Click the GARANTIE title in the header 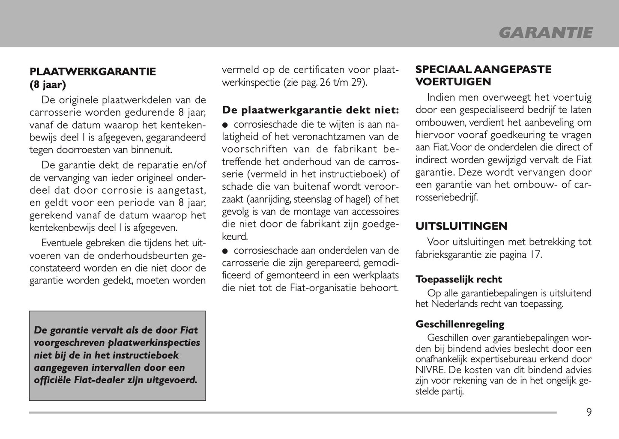click(x=546, y=33)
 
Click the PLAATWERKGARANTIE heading click(x=93, y=72)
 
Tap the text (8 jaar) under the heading click(x=48, y=84)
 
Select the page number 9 click(x=589, y=412)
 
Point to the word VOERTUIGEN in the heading click(x=453, y=81)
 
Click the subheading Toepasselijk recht click(x=458, y=279)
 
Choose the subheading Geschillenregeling click(x=460, y=324)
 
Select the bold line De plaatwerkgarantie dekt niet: click(x=310, y=110)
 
